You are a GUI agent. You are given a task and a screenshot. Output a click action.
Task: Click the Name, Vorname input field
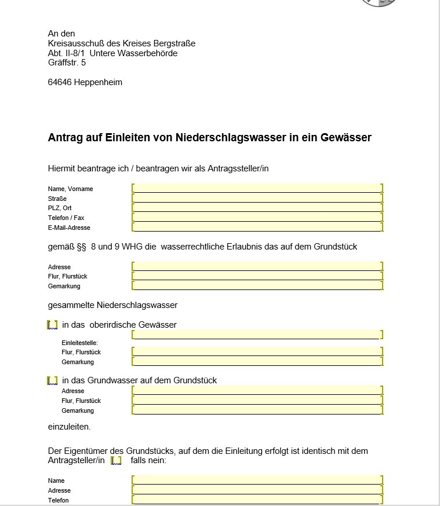257,188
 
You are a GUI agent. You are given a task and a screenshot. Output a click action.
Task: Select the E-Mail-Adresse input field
257,227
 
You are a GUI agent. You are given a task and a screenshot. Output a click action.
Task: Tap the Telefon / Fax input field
257,217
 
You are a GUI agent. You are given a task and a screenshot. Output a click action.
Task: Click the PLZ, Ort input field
257,207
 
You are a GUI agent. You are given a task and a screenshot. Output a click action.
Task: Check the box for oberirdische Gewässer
52,325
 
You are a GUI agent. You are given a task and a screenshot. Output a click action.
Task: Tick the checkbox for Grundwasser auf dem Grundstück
52,380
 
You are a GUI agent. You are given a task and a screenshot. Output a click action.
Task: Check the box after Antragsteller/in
116,461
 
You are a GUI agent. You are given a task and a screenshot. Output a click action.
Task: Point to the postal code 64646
60,82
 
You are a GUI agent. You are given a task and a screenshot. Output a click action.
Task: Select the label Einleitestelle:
79,343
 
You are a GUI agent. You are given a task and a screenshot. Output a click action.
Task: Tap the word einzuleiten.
69,427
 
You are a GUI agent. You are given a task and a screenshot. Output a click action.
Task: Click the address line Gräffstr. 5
67,63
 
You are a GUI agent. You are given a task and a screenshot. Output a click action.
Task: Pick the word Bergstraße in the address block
173,43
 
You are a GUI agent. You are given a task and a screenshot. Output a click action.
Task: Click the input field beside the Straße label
257,198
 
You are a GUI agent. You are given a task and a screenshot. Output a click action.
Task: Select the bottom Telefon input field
257,500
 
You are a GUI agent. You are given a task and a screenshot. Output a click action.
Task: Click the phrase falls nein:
148,461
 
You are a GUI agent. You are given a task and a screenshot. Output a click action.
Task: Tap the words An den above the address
61,34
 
